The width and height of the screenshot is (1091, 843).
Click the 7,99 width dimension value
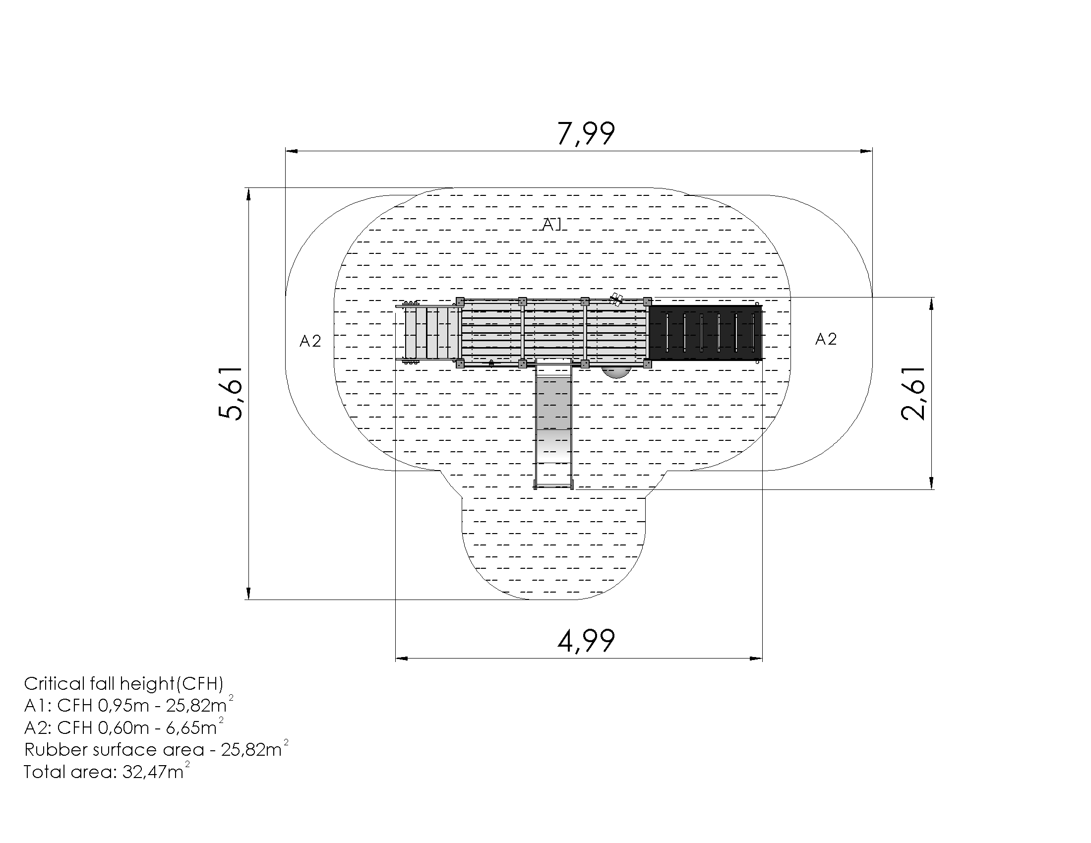pyautogui.click(x=586, y=134)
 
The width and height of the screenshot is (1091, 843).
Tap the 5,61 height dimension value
pyautogui.click(x=230, y=394)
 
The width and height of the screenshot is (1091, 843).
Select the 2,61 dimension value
pyautogui.click(x=913, y=394)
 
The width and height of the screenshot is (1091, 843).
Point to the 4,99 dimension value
pyautogui.click(x=586, y=641)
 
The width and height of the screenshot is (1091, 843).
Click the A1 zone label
pyautogui.click(x=552, y=225)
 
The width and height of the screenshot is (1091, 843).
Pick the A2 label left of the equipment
pyautogui.click(x=310, y=341)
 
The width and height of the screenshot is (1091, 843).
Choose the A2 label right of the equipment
pyautogui.click(x=826, y=339)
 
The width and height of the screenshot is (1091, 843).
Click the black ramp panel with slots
pyautogui.click(x=705, y=333)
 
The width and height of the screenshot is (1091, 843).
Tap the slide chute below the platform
pyautogui.click(x=553, y=424)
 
